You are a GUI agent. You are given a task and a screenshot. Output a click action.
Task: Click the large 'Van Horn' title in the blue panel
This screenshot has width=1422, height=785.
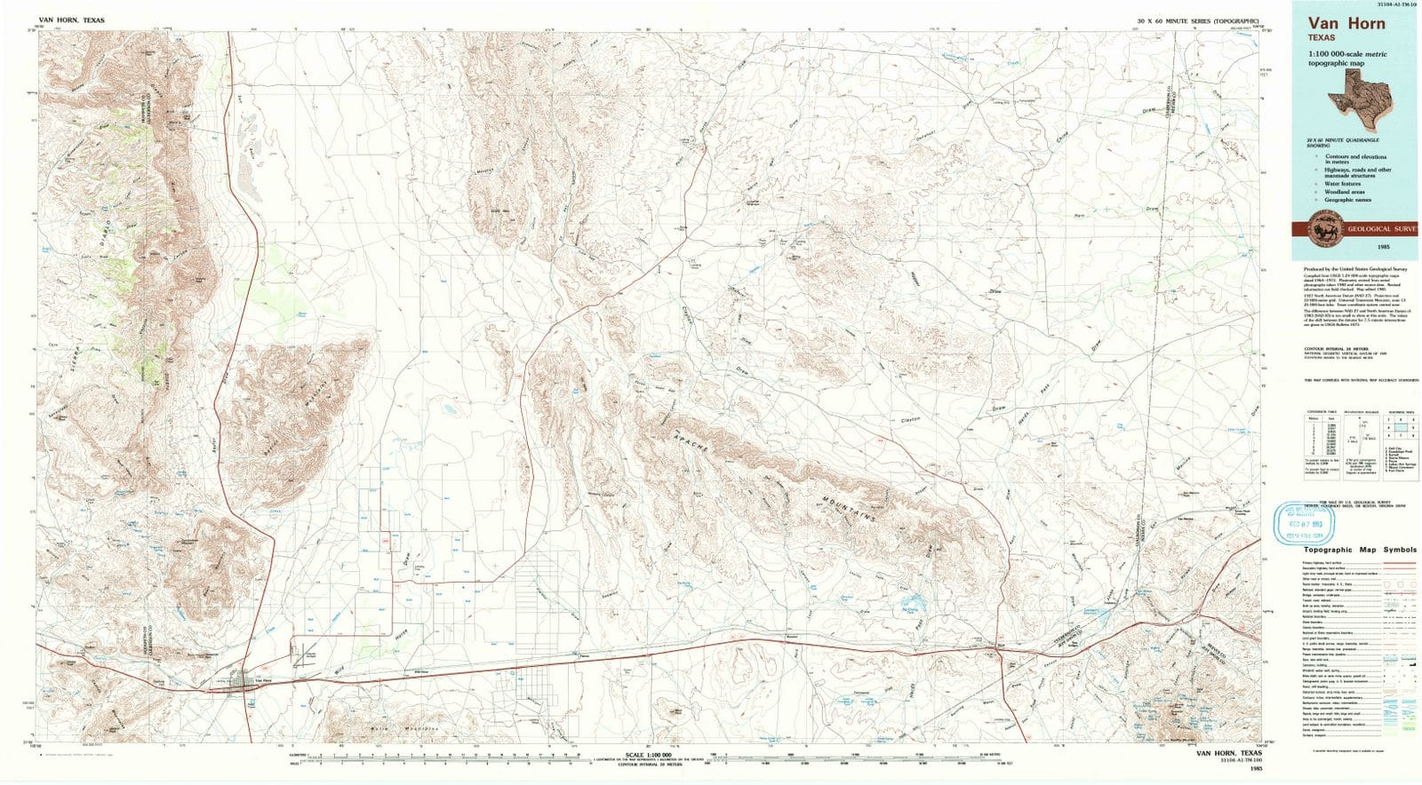pos(1346,24)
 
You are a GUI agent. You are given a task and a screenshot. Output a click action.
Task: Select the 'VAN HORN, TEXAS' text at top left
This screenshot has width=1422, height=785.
pos(71,20)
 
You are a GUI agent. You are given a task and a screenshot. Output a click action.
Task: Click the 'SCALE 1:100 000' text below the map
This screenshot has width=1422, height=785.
pos(648,755)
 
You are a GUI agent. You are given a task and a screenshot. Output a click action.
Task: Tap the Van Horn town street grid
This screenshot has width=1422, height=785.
pos(241,681)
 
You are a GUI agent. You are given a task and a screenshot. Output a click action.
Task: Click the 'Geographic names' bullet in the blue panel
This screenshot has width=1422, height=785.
pos(1346,200)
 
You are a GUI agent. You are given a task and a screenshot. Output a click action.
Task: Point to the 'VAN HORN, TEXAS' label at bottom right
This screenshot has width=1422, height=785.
pos(1228,753)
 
